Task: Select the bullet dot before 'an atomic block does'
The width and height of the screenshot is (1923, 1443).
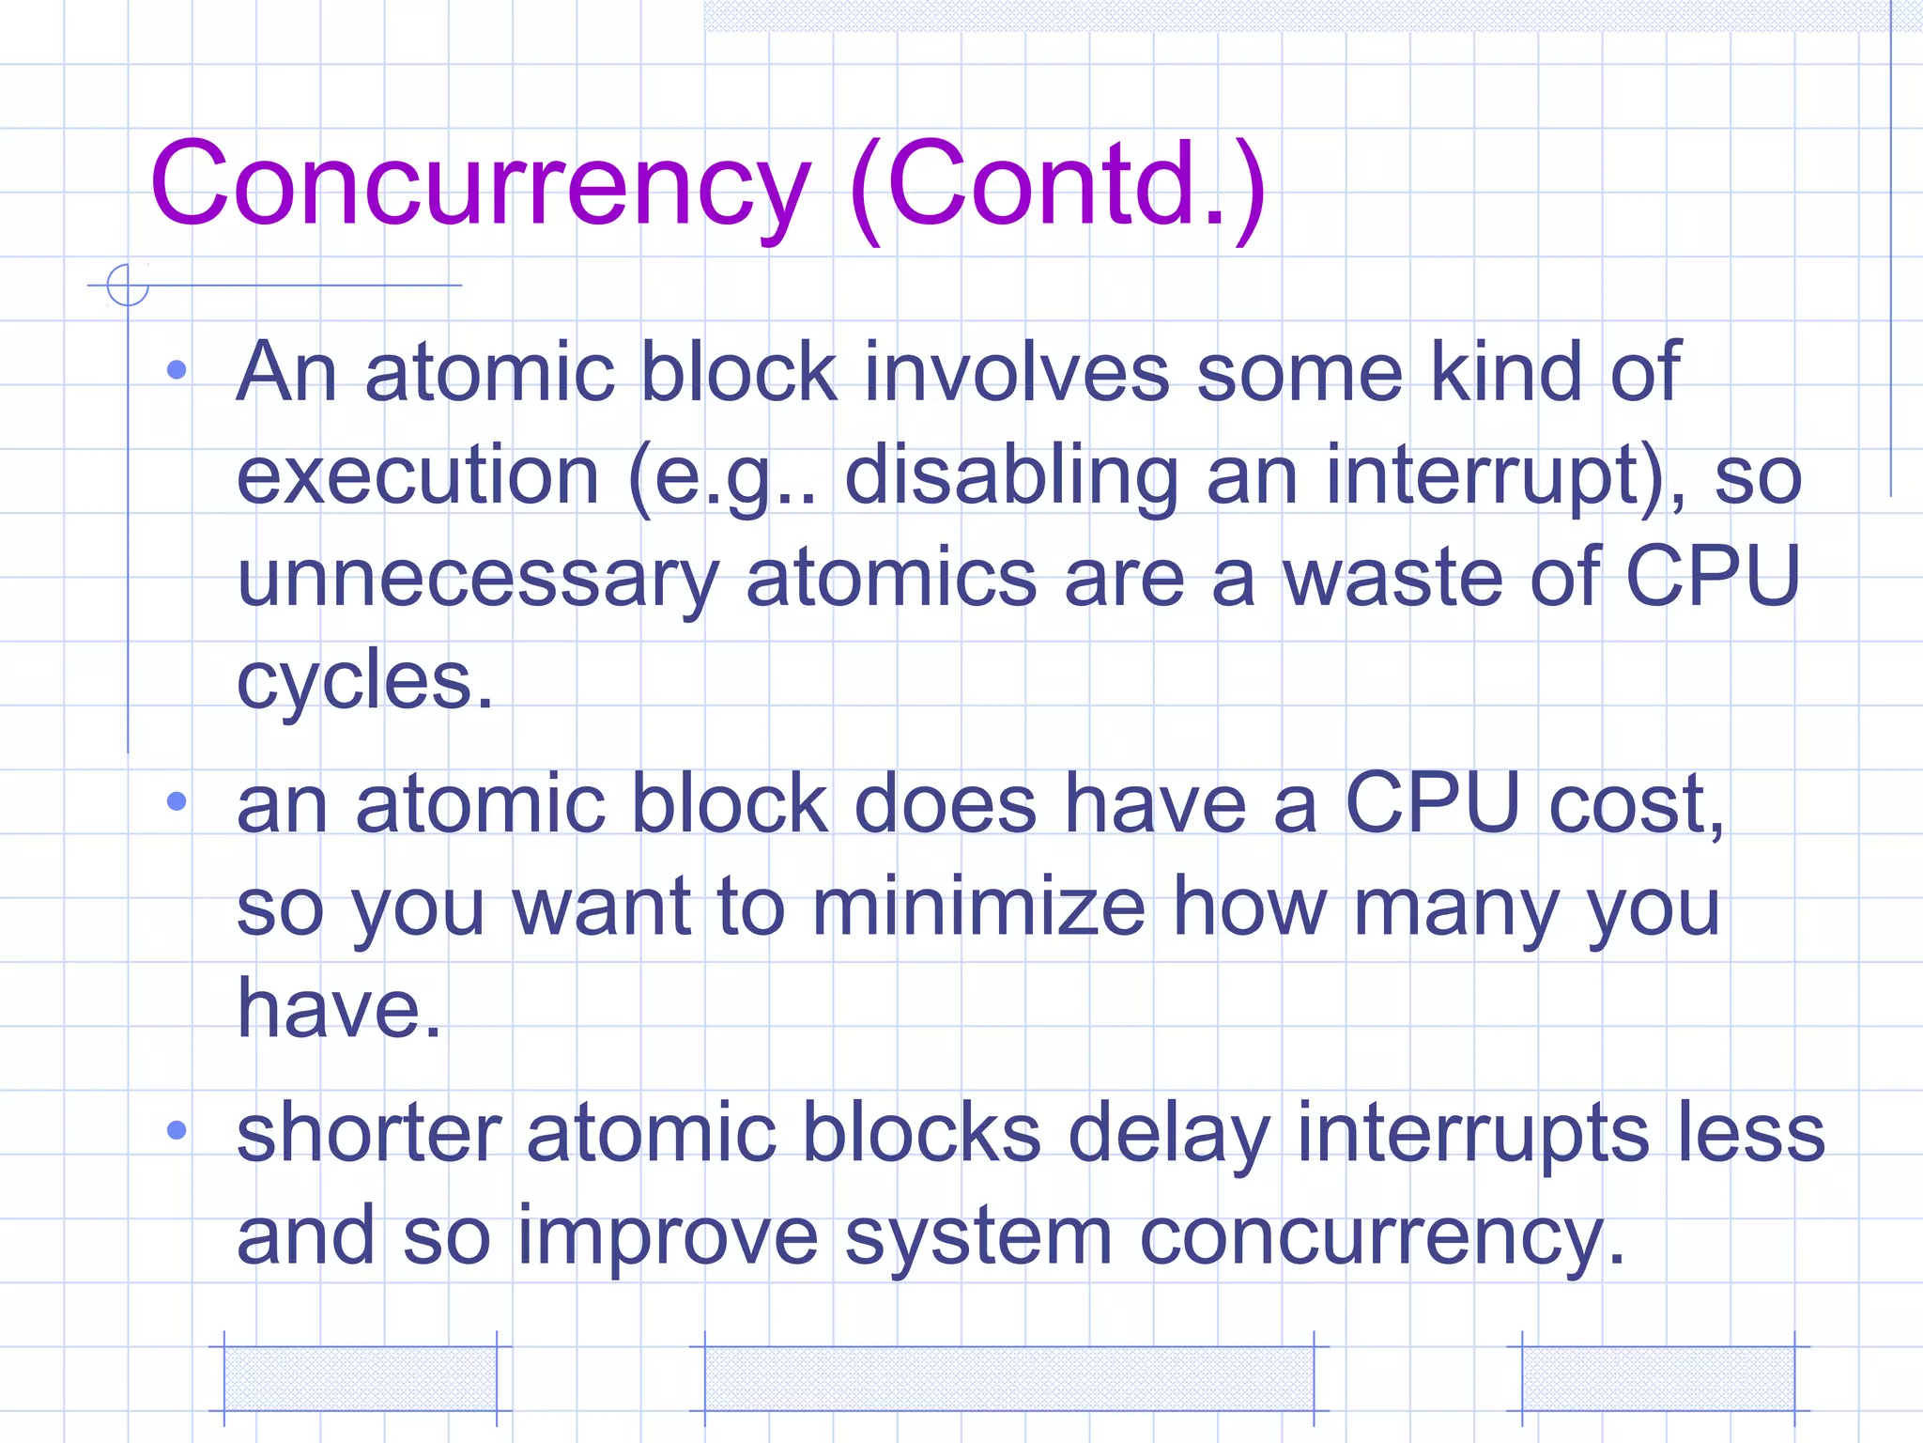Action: pos(177,800)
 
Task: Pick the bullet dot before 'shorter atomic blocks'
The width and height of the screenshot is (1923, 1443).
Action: pos(177,1129)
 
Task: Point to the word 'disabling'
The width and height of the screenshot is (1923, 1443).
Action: pos(1010,475)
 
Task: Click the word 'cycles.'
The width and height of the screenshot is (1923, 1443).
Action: pos(364,680)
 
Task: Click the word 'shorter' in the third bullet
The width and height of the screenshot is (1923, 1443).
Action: pos(369,1133)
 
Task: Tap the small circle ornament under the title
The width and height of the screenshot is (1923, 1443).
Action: pos(128,285)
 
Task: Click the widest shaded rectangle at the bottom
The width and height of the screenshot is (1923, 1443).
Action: pos(1008,1378)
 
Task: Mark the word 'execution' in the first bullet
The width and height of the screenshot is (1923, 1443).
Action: pos(418,475)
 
